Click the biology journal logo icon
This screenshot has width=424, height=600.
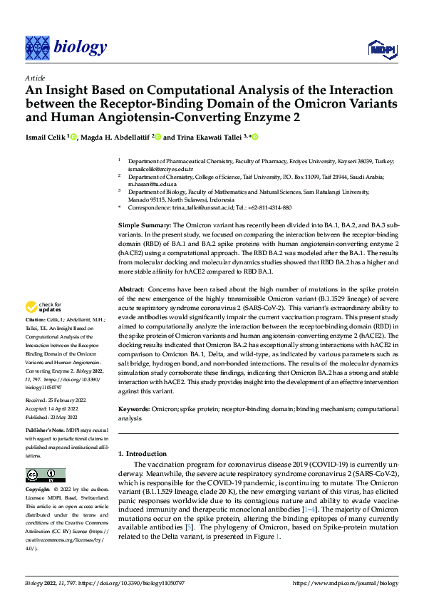click(x=36, y=48)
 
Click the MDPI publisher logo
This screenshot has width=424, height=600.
click(x=381, y=48)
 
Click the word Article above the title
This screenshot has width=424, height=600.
click(x=35, y=78)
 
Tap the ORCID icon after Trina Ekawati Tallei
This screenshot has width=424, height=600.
click(x=254, y=137)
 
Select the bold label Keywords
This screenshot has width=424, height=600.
click(x=135, y=410)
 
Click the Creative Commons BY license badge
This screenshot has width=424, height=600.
click(x=45, y=475)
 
